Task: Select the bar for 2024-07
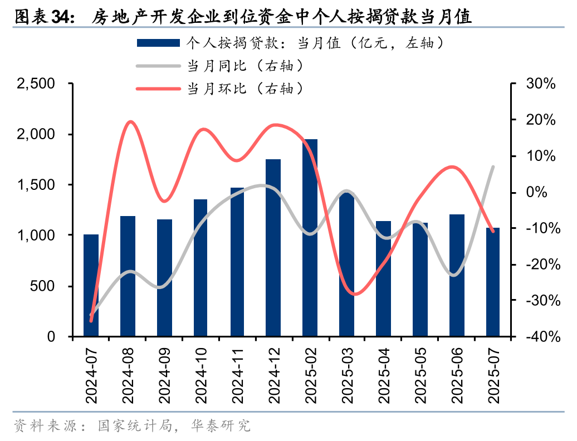tap(91, 285)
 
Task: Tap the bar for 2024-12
tap(273, 248)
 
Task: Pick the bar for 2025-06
tap(457, 275)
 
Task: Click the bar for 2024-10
tap(201, 268)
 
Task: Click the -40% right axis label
tap(538, 337)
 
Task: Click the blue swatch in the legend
tap(158, 43)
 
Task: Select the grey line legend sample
tap(158, 66)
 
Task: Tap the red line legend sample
tap(158, 89)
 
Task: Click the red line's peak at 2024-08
tap(130, 121)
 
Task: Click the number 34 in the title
tap(62, 17)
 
